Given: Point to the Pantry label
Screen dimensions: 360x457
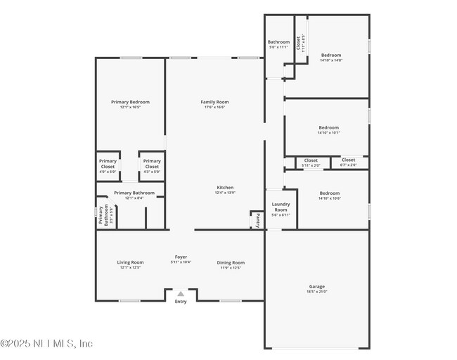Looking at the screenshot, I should tap(258, 220).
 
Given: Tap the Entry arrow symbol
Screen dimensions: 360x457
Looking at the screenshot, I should tap(181, 294).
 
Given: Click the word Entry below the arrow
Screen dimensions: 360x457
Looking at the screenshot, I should tap(181, 302).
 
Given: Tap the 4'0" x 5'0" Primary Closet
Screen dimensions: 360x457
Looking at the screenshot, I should tap(108, 164).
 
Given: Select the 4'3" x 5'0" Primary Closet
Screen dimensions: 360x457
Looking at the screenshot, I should tap(152, 164).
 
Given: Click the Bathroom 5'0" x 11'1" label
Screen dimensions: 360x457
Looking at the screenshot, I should tap(278, 43).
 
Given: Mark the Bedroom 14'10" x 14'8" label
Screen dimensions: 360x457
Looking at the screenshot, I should tap(330, 56).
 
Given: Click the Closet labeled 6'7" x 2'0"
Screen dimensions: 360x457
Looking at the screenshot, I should tap(348, 161).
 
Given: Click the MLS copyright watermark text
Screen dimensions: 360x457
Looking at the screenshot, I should tap(46, 344).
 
